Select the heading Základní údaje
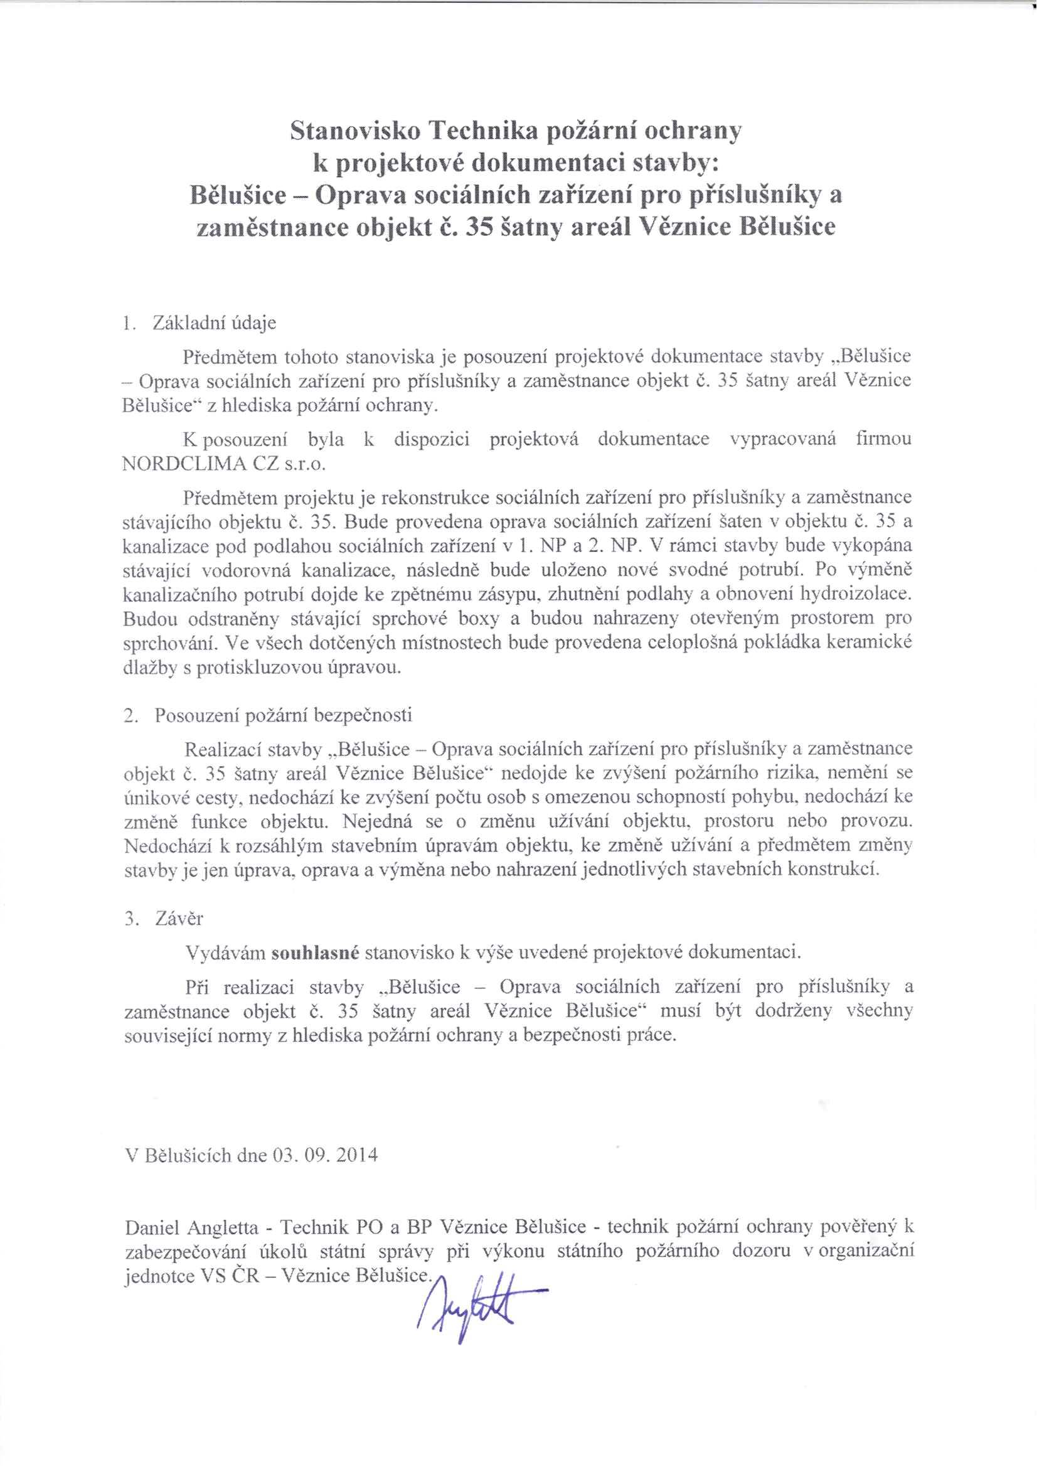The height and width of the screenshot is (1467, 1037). click(214, 323)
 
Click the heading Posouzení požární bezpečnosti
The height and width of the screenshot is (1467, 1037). click(283, 715)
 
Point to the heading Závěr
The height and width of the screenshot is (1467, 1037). click(179, 919)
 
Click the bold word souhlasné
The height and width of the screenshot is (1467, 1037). click(316, 953)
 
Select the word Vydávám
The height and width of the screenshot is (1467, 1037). click(225, 953)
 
